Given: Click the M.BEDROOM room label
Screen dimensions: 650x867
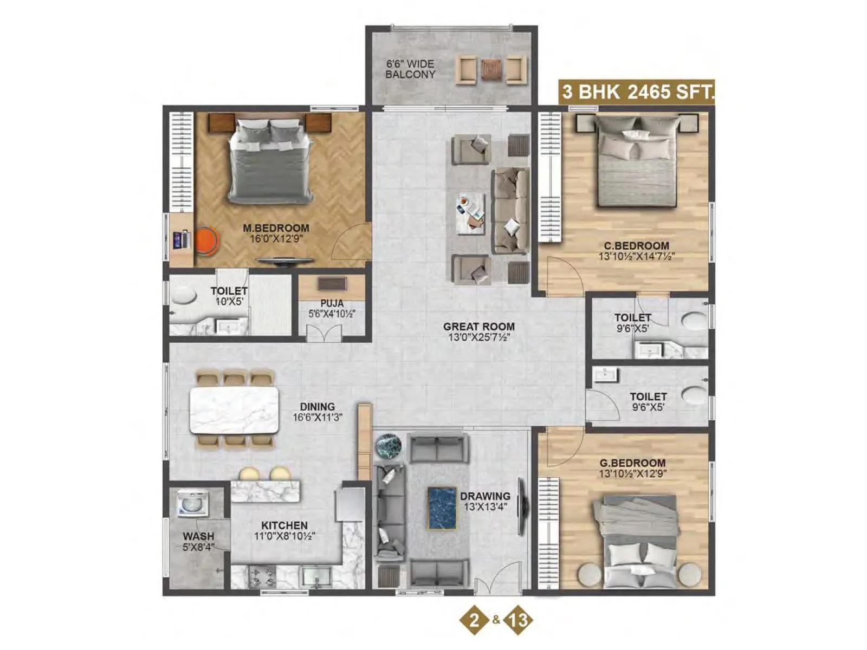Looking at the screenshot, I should click(x=276, y=228).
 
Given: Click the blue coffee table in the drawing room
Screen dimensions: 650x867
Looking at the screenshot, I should click(x=442, y=508).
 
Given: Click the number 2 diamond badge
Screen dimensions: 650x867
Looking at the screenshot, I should click(x=475, y=620).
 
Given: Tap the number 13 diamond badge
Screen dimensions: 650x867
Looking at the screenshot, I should click(x=519, y=620).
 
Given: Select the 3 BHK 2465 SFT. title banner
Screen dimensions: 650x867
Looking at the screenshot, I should click(x=637, y=92).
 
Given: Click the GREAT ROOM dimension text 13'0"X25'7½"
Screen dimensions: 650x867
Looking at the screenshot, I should click(x=479, y=337).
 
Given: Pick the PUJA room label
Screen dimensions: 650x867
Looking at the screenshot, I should click(x=332, y=303).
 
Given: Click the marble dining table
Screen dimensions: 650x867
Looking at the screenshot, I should click(x=234, y=409).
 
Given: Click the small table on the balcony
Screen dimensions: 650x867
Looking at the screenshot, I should click(x=491, y=69).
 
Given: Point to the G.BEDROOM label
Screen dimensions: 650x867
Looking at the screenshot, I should click(x=632, y=463).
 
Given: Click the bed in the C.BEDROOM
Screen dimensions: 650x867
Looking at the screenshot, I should click(x=637, y=168).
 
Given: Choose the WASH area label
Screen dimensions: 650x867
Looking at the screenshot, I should click(x=198, y=537).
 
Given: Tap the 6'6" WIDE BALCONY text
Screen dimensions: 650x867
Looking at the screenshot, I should click(x=410, y=69).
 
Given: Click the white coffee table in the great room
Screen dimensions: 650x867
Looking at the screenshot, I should click(x=470, y=213).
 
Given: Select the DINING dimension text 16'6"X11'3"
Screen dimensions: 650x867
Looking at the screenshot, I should click(x=318, y=418).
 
